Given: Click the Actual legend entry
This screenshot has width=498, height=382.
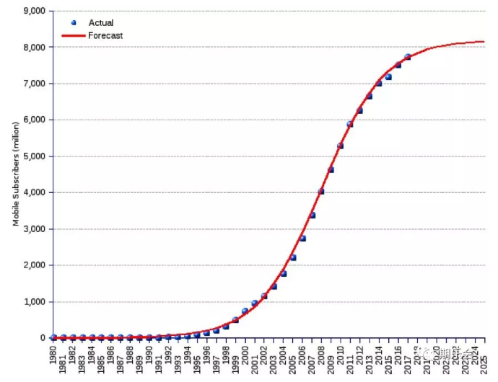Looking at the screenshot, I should (x=100, y=22).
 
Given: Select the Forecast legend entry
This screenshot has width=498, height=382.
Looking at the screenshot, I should (x=105, y=35).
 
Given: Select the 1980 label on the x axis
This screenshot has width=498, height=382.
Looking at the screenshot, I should (x=54, y=357).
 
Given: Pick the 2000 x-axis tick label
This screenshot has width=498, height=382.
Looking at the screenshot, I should (x=245, y=357).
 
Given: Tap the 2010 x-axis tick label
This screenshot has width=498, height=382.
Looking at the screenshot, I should (x=341, y=357).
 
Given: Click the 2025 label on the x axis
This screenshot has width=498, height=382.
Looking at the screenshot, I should (x=484, y=357).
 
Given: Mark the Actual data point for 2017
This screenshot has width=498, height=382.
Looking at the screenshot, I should (x=407, y=57).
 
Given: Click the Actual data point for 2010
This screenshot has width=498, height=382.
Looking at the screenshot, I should (x=340, y=146).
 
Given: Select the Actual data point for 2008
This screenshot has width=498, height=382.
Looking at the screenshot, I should (x=321, y=191).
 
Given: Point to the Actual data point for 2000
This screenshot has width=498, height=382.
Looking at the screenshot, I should (x=245, y=311).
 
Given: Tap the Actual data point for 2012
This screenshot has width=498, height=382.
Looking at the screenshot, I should (x=359, y=110).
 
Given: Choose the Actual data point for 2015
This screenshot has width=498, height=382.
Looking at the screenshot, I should (x=388, y=76).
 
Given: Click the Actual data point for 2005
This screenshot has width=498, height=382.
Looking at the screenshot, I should (x=292, y=257).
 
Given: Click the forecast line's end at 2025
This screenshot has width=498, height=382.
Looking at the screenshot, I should (x=484, y=42).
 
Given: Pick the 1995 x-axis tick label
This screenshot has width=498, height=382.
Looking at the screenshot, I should (x=198, y=357).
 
